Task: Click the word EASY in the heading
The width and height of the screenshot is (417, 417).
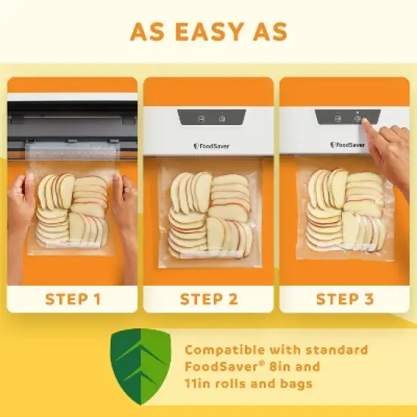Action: click(208, 33)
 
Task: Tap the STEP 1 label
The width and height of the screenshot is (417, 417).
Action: click(73, 298)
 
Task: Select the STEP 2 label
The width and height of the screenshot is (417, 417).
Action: click(208, 298)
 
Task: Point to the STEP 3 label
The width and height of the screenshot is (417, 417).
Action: click(345, 298)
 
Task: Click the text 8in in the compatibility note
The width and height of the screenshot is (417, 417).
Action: click(291, 367)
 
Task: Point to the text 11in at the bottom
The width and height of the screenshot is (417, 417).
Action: click(199, 384)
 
